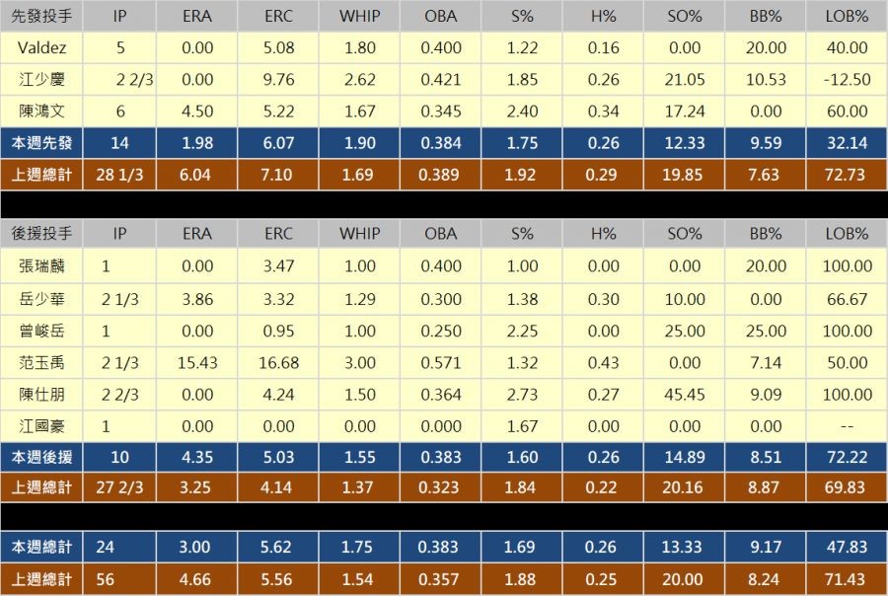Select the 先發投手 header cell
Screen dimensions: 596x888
[x=41, y=16]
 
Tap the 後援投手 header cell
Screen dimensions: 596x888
[x=41, y=234]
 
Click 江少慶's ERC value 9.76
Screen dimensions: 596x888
[x=278, y=80]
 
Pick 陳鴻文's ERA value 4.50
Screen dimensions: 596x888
[x=197, y=112]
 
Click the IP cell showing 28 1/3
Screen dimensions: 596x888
[x=120, y=175]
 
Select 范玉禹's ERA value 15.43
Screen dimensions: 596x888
[x=197, y=362]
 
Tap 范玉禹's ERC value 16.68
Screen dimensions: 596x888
[x=278, y=362]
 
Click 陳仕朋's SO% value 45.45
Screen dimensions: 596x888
[x=685, y=395]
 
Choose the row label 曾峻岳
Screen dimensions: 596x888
[x=41, y=331]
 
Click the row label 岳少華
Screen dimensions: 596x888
[x=41, y=298]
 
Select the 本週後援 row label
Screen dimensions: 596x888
[x=41, y=458]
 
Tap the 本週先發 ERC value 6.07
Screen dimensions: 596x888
[x=278, y=143]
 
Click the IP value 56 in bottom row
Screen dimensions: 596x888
[x=106, y=580]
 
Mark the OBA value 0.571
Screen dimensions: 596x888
[x=441, y=362]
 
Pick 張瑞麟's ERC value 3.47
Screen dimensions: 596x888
[x=278, y=265]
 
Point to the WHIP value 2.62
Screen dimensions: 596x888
[x=359, y=80]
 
